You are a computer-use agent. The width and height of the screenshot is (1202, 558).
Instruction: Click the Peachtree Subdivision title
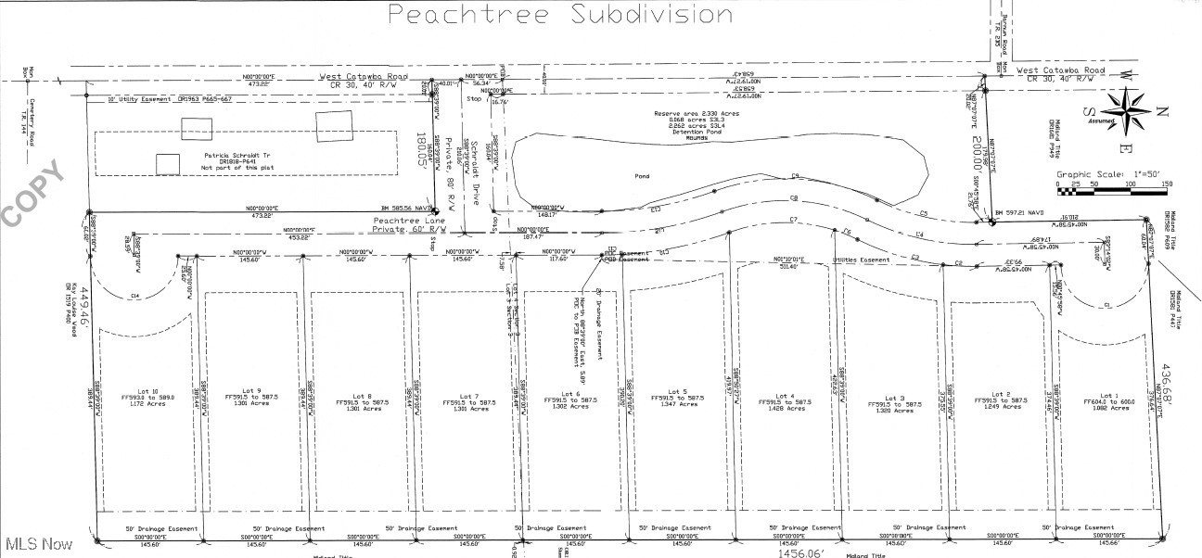click(559, 14)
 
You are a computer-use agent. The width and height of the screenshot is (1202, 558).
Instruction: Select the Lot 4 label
click(786, 396)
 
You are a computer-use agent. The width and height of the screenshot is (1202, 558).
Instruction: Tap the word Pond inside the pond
click(642, 176)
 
